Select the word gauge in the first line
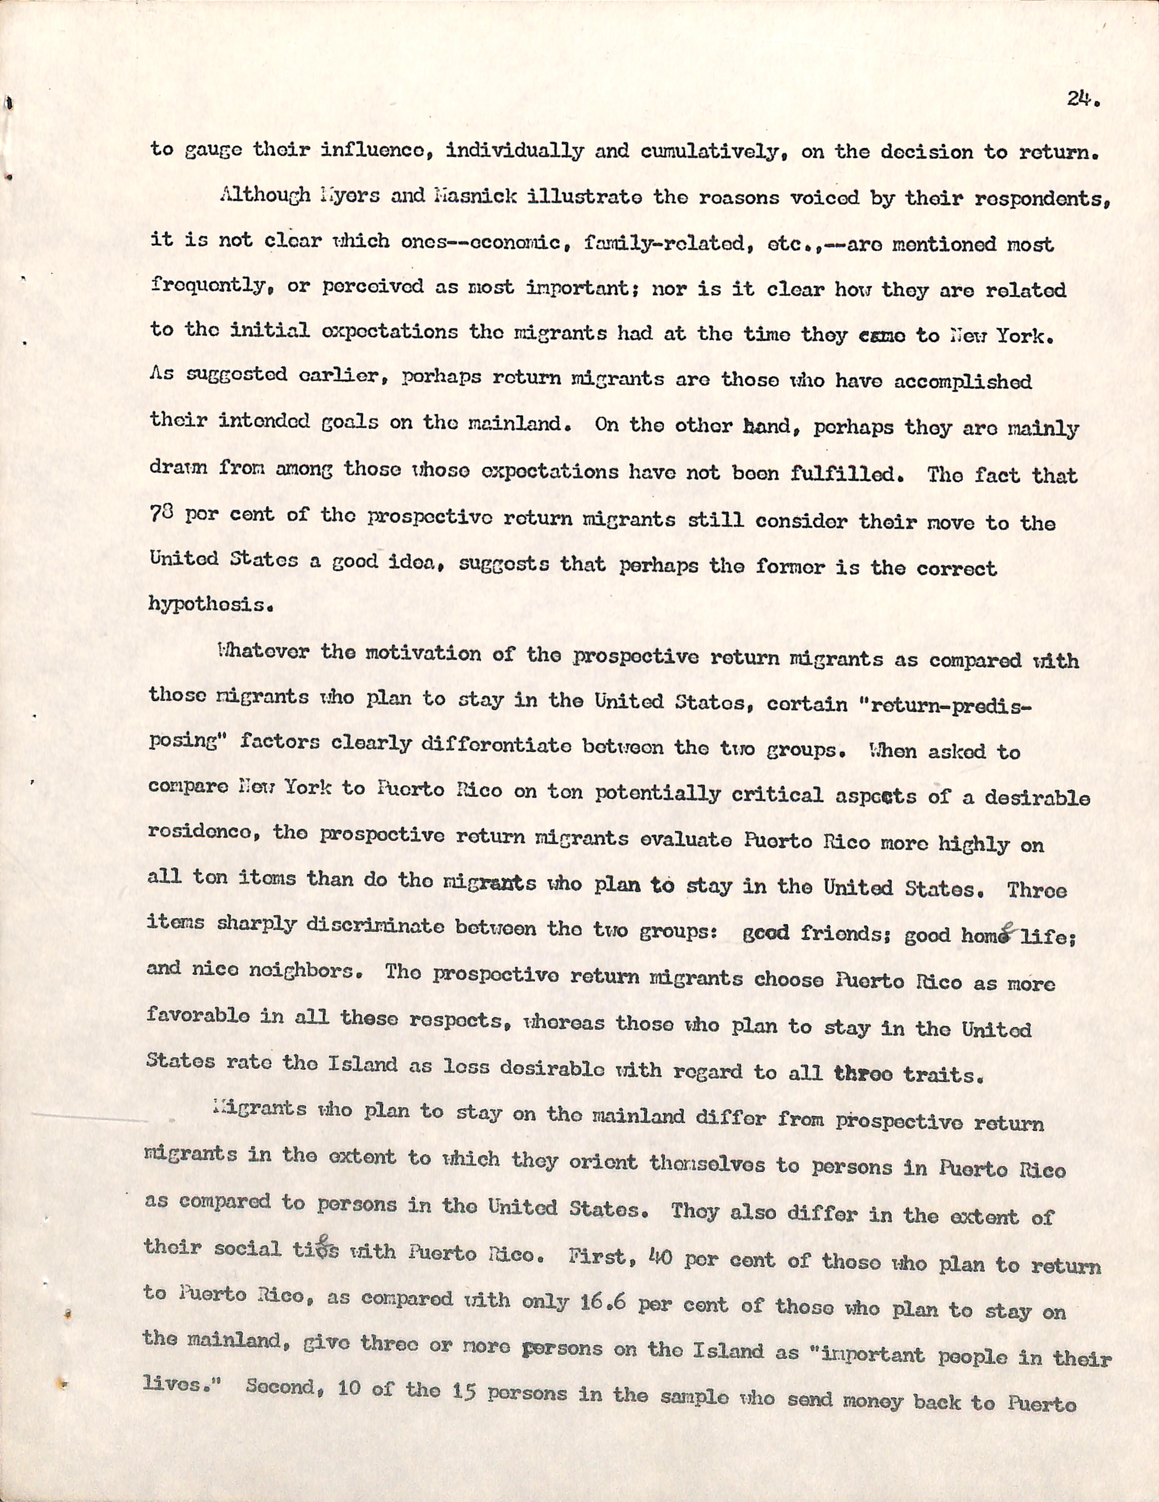(202, 151)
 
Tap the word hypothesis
(203, 605)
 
